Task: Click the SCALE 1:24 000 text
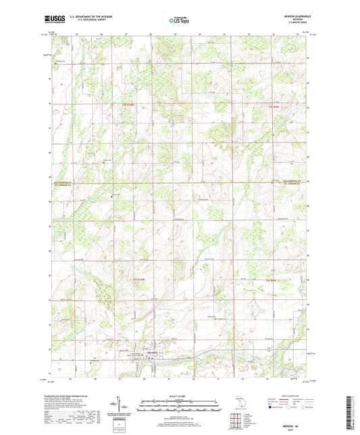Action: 178,396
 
